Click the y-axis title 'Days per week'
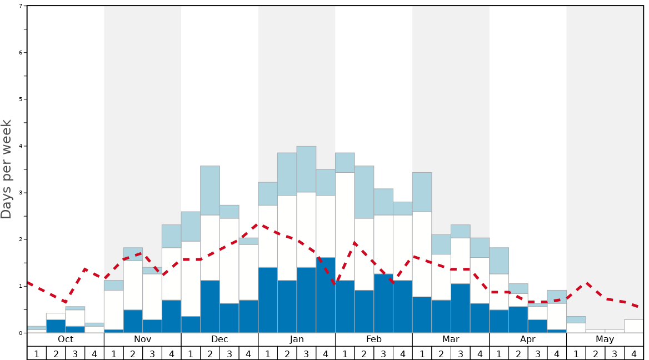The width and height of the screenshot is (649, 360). [x=7, y=169]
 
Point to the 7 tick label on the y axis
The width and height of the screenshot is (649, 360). [x=21, y=6]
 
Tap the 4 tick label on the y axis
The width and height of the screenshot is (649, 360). [x=21, y=146]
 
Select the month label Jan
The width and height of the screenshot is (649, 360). [x=297, y=339]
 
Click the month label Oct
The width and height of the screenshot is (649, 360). [x=66, y=339]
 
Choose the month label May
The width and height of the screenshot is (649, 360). [x=605, y=339]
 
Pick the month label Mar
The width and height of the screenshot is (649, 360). [x=451, y=339]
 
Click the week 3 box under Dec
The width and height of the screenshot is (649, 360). [x=229, y=353]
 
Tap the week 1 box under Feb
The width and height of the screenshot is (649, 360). [x=345, y=353]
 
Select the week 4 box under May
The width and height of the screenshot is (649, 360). [x=634, y=353]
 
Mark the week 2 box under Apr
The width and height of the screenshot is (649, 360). [x=518, y=353]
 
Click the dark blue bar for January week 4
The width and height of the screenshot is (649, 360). [x=326, y=295]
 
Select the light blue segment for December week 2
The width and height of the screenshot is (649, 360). [x=210, y=190]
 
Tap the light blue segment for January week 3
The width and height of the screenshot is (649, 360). [x=306, y=169]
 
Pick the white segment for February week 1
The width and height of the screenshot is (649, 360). [x=345, y=226]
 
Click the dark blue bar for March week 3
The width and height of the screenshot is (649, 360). [x=460, y=308]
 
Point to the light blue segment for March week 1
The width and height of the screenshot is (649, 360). [x=422, y=192]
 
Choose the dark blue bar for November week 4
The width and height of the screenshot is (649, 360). [x=171, y=316]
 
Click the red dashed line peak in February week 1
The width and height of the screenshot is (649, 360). [x=354, y=242]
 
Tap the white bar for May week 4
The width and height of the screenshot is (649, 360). [x=634, y=326]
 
